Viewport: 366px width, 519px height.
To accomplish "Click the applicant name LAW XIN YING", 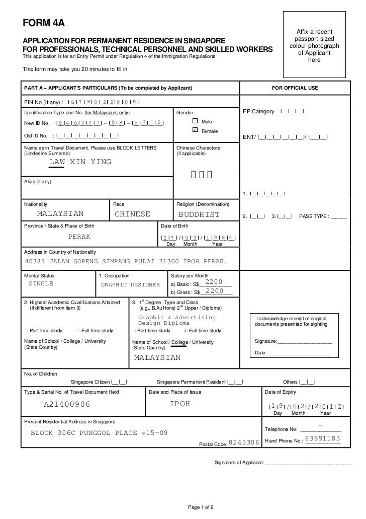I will pos(80,162).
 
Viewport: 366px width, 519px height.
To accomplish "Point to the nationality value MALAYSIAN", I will pos(60,214).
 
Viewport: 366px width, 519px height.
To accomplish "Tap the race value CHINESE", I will pos(133,214).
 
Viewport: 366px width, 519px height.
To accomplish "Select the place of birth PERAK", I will pos(79,236).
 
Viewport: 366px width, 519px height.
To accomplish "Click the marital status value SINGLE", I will pos(41,284).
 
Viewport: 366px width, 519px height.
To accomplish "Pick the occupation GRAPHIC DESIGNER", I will pos(131,284).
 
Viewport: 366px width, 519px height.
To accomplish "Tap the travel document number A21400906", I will pos(67,404).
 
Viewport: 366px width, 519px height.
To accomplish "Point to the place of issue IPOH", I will pos(180,404).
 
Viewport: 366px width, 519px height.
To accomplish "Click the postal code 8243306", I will pos(244,442).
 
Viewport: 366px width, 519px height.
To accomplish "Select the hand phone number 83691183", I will pos(323,438).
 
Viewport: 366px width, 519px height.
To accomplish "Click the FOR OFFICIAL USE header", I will pos(295,88).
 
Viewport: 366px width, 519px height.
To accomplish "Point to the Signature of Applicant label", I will pos(239,462).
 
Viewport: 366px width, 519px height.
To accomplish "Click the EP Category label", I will pos(258,111).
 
